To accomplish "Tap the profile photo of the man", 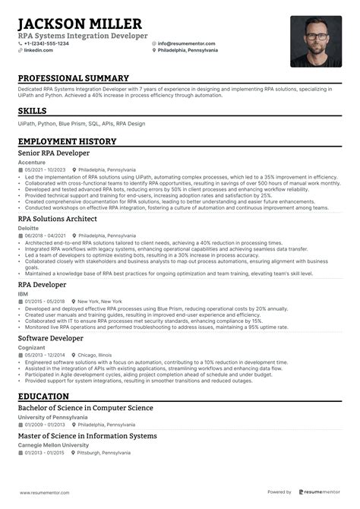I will click(x=315, y=41).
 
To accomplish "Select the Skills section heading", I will click(x=32, y=112).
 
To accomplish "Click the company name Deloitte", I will click(x=29, y=226).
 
